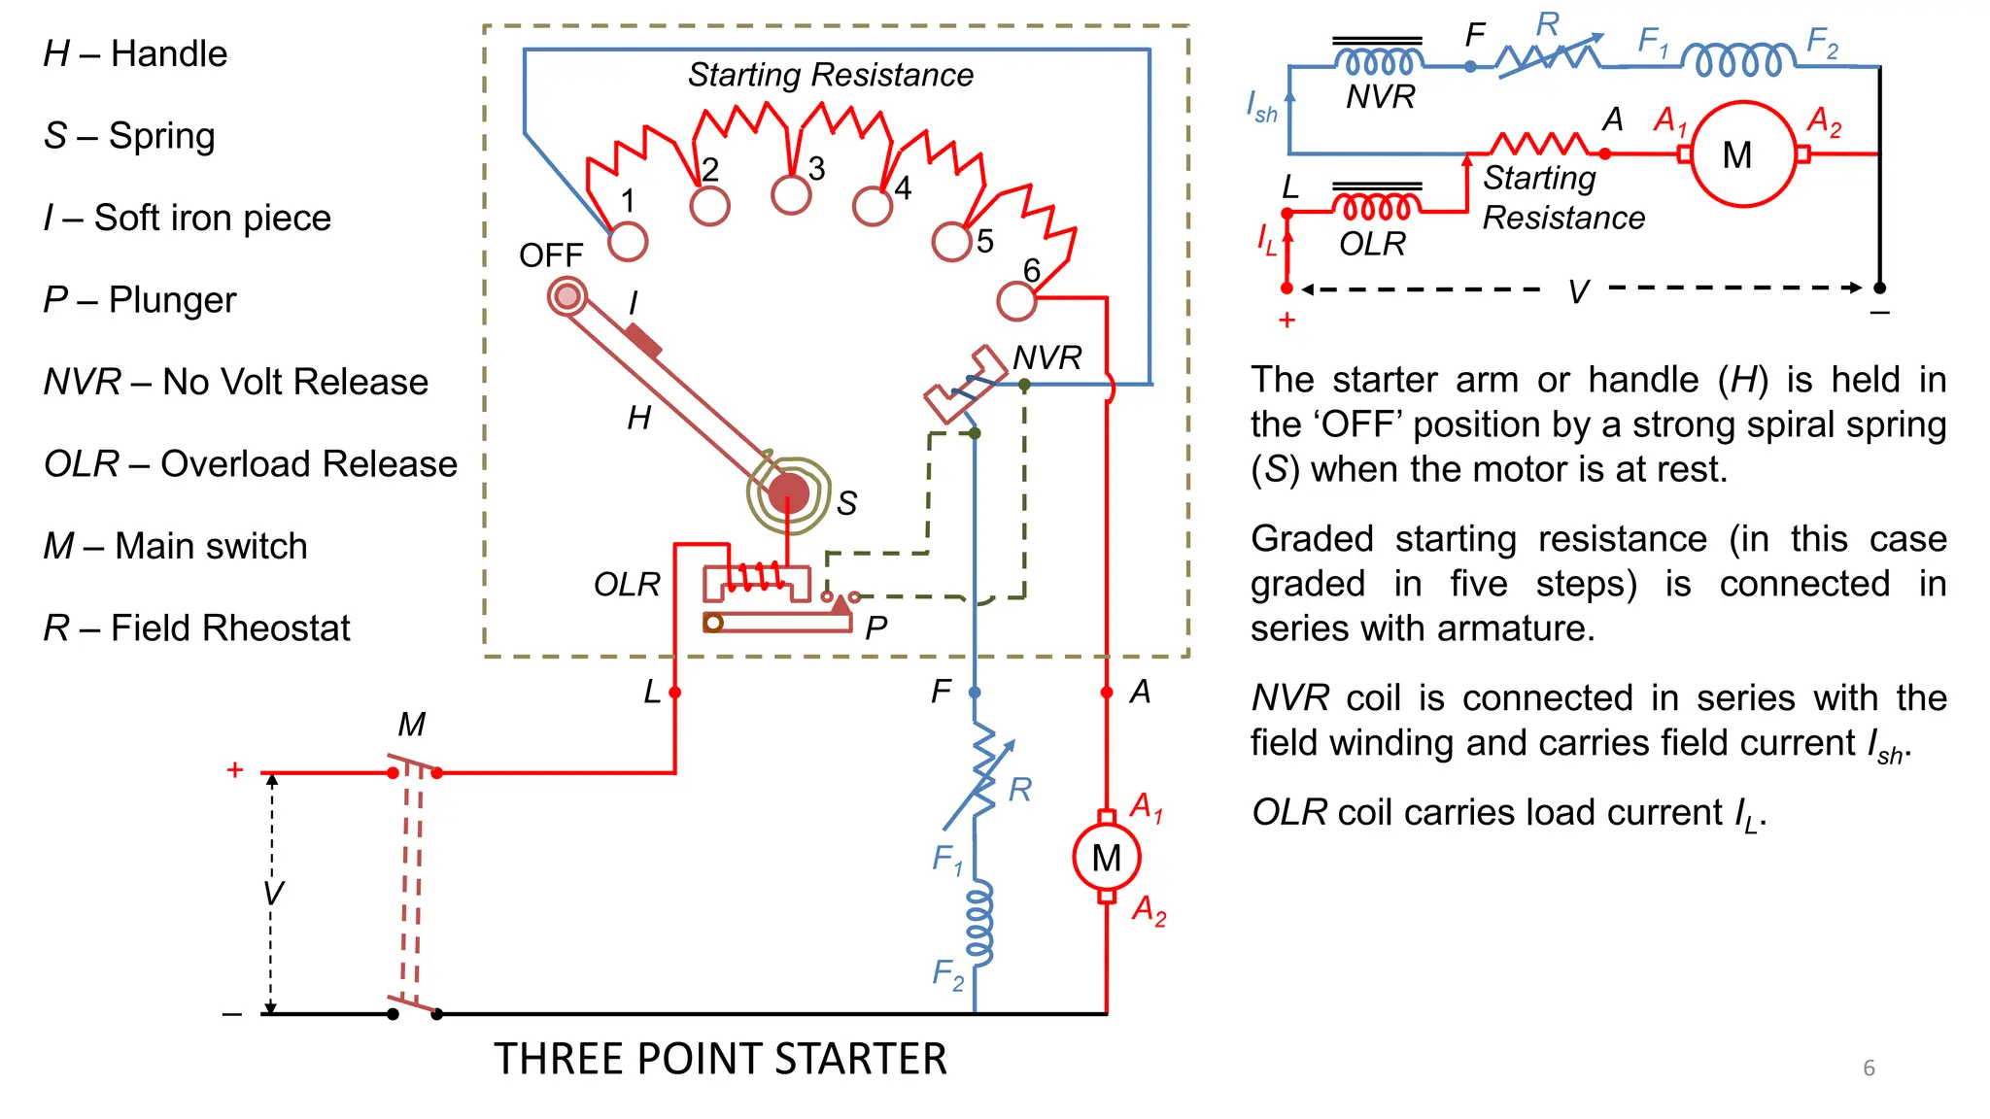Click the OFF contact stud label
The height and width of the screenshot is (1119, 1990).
[x=550, y=255]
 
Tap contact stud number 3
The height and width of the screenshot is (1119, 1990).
[x=791, y=194]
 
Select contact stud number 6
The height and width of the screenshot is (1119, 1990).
[x=1016, y=301]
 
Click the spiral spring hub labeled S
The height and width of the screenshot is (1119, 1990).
[x=789, y=493]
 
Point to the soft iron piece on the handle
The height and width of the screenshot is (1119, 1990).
[x=642, y=341]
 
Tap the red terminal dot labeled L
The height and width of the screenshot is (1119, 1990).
[x=675, y=693]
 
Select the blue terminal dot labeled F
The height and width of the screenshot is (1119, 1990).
[x=975, y=693]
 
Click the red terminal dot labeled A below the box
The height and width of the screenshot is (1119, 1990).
[x=1107, y=693]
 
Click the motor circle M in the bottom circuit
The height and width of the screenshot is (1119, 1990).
[x=1107, y=858]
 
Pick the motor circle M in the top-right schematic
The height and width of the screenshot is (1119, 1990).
[x=1743, y=154]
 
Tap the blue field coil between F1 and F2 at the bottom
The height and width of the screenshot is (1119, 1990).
[x=979, y=923]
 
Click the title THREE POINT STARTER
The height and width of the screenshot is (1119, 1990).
[x=720, y=1059]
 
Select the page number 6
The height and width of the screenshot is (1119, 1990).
[x=1869, y=1068]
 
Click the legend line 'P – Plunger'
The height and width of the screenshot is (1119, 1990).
[x=140, y=300]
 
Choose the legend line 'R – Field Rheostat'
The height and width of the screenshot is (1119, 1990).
[x=196, y=628]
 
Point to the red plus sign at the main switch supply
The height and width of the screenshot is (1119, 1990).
[x=234, y=770]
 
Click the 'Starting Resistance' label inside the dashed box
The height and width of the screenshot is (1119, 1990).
[x=831, y=75]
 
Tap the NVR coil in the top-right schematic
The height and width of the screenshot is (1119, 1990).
[x=1379, y=62]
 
